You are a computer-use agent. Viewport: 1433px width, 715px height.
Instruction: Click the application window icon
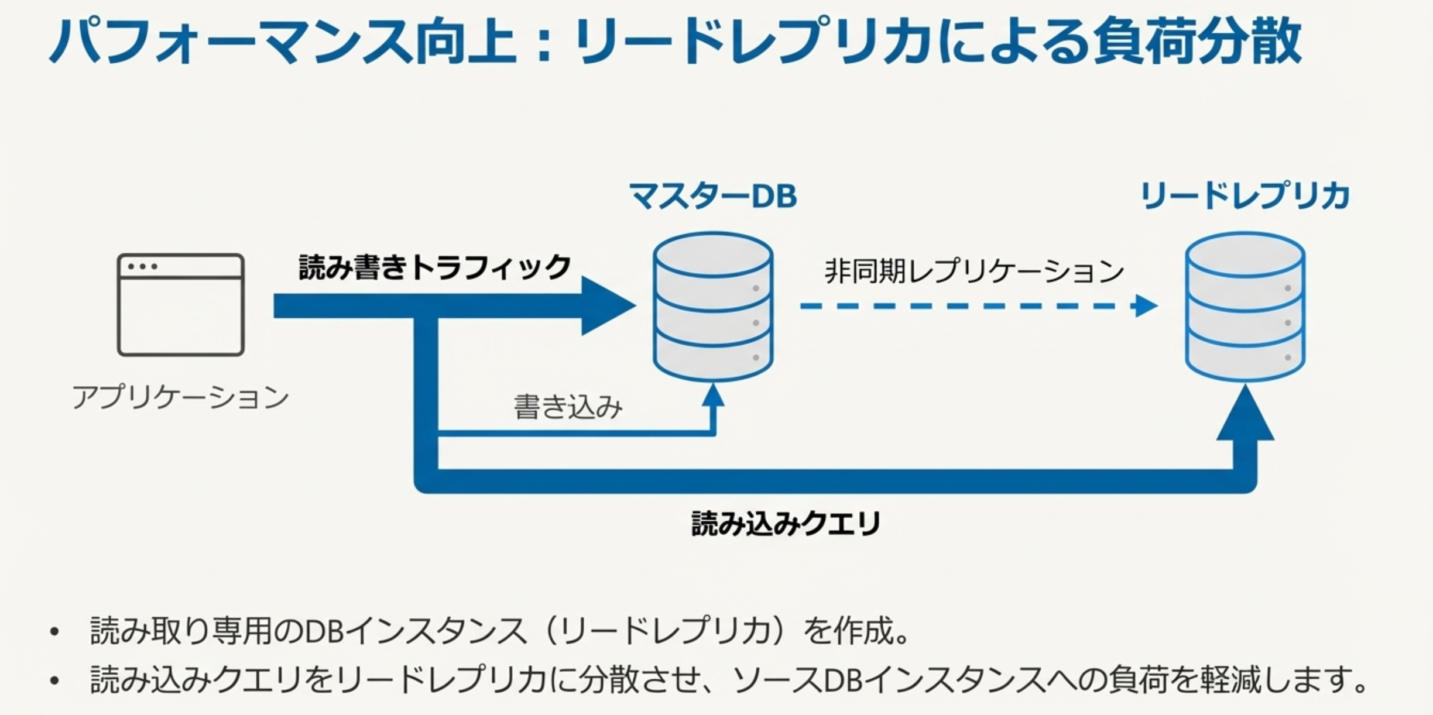[x=180, y=304]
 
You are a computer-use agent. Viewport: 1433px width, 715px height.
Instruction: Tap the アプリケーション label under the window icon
[x=180, y=397]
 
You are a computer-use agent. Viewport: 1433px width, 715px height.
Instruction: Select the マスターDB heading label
[x=712, y=195]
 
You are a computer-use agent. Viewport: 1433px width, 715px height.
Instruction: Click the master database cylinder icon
[x=713, y=307]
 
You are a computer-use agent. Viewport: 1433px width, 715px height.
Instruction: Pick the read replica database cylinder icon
[x=1245, y=307]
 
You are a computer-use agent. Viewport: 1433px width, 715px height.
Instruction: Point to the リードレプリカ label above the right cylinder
[x=1245, y=195]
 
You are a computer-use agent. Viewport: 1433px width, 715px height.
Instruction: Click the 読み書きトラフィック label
[x=434, y=267]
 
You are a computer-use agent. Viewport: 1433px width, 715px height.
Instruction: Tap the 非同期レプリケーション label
[x=974, y=271]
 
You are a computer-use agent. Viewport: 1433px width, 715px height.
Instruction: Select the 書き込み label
[x=568, y=407]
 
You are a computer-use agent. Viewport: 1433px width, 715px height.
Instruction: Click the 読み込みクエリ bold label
[x=786, y=523]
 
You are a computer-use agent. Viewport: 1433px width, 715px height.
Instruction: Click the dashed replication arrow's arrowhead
[x=1145, y=306]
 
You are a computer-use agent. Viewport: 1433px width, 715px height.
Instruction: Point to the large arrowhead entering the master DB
[x=606, y=306]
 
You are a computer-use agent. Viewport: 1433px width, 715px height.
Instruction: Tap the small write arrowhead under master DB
[x=713, y=396]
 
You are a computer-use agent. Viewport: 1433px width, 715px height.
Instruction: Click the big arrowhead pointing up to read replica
[x=1245, y=415]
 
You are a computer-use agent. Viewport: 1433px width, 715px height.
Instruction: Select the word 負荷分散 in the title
[x=1197, y=41]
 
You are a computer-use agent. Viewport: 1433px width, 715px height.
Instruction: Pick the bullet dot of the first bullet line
[x=55, y=632]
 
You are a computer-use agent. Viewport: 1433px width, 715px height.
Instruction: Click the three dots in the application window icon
[x=143, y=267]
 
